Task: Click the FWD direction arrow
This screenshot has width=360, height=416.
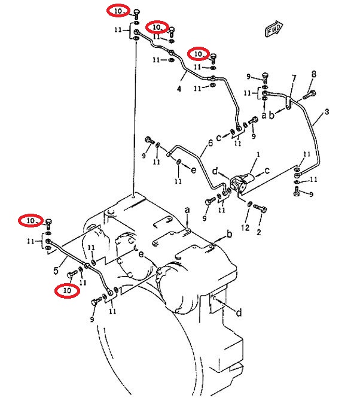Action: pyautogui.click(x=274, y=28)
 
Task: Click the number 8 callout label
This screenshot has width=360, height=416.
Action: pyautogui.click(x=314, y=74)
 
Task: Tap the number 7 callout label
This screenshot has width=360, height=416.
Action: pyautogui.click(x=294, y=78)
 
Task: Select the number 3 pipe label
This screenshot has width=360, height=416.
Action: pyautogui.click(x=327, y=112)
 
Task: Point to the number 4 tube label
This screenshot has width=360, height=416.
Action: pyautogui.click(x=179, y=89)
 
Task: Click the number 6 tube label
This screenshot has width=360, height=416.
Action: pyautogui.click(x=210, y=143)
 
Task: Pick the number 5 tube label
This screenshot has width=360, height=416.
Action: pyautogui.click(x=56, y=271)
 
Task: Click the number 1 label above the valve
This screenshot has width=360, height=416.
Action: pyautogui.click(x=258, y=154)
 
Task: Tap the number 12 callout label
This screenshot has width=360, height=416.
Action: pyautogui.click(x=245, y=227)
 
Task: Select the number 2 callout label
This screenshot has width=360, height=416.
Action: pyautogui.click(x=259, y=232)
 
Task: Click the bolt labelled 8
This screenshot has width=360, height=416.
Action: pyautogui.click(x=309, y=95)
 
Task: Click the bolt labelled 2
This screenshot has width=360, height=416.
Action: pyautogui.click(x=260, y=208)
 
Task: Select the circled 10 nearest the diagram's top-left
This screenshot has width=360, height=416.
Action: pyautogui.click(x=118, y=11)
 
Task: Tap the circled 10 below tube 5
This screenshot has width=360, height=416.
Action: pyautogui.click(x=67, y=290)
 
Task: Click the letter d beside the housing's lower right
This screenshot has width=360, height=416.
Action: pyautogui.click(x=239, y=312)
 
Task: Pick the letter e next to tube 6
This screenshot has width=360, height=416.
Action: pyautogui.click(x=194, y=171)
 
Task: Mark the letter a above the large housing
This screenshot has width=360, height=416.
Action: pyautogui.click(x=187, y=210)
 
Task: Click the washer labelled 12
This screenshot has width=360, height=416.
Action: pyautogui.click(x=249, y=204)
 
